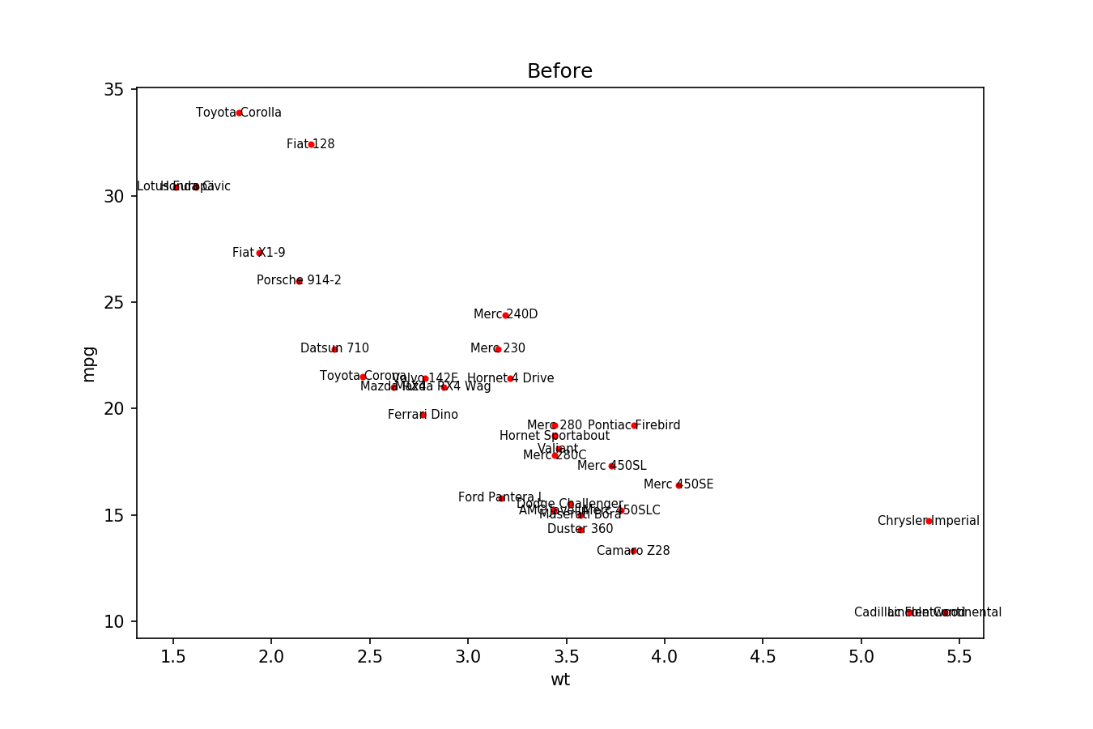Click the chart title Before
559,71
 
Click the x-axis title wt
559,680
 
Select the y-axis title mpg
89,364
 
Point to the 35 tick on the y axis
113,89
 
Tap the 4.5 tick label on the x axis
763,656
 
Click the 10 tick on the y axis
113,621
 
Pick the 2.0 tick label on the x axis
271,656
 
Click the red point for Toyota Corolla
239,113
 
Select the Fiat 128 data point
311,144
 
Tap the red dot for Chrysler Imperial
929,521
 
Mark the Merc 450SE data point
678,484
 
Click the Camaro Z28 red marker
633,551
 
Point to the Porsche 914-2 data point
299,280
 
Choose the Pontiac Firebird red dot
634,425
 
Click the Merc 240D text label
505,314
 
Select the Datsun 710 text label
334,348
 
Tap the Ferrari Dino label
423,415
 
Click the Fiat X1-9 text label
259,253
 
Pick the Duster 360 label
580,529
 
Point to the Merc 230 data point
497,348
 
